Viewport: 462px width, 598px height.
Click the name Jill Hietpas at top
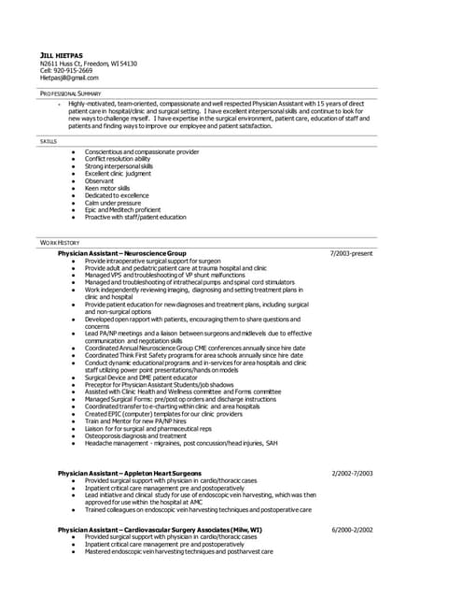(x=59, y=55)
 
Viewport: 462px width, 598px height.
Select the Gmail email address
(x=68, y=78)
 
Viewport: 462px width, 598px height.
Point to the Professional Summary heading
(x=71, y=95)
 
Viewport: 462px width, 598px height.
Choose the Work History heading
(x=61, y=243)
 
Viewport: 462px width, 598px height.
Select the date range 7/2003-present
(x=351, y=253)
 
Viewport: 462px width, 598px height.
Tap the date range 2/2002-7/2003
(x=351, y=474)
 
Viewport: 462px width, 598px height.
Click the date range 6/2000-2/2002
(x=351, y=530)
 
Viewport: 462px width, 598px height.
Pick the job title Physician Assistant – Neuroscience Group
(x=121, y=253)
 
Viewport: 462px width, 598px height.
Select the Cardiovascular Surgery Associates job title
(x=159, y=530)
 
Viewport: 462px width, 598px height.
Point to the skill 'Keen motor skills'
(x=107, y=188)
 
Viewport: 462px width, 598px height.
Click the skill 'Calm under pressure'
(x=112, y=203)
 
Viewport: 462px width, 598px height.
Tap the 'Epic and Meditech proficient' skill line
(x=122, y=210)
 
